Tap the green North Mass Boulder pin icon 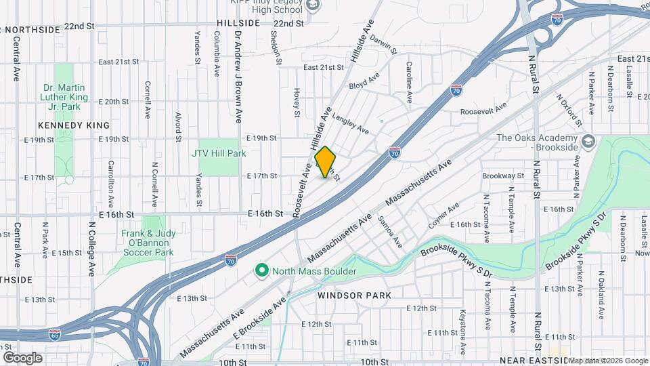point(262,271)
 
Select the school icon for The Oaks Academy point(588,142)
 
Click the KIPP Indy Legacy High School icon point(313,5)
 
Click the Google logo point(22,357)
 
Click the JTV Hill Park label point(219,153)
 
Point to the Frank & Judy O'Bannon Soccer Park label point(148,243)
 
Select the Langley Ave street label point(350,122)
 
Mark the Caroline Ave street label point(409,82)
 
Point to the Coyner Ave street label point(443,215)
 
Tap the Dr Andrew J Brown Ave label point(238,77)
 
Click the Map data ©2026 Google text point(607,361)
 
